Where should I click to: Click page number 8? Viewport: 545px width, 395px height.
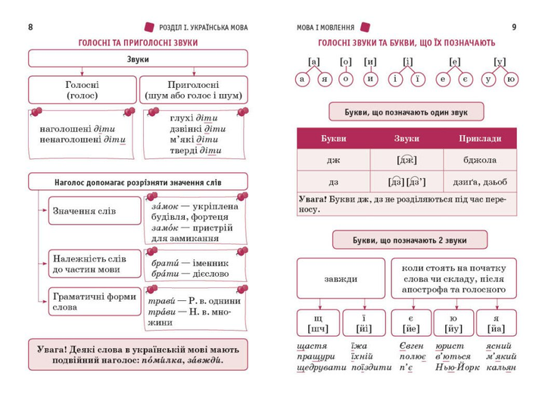pos(30,27)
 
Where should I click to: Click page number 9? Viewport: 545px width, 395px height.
pos(514,27)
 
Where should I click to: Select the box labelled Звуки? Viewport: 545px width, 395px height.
pos(138,58)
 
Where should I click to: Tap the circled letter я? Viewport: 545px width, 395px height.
pos(325,79)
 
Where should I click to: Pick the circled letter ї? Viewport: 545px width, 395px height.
pos(417,79)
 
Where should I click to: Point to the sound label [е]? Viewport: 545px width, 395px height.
pos(454,62)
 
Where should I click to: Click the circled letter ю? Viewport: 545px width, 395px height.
pos(511,79)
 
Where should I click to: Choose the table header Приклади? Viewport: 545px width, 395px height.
pos(480,139)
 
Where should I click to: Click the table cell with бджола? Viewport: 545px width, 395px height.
pos(480,160)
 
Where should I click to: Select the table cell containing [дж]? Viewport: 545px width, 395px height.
pos(406,160)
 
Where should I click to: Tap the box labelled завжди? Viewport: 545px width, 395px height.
pos(341,278)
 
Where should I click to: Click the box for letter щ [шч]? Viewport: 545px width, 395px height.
pos(318,323)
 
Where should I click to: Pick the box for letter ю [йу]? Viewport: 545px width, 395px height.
pos(453,323)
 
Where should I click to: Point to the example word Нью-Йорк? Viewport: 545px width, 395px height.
pos(457,367)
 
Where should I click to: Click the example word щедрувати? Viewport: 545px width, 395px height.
pos(322,368)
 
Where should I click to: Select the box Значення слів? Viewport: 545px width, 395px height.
pos(95,211)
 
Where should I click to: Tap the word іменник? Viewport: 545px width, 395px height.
pos(210,263)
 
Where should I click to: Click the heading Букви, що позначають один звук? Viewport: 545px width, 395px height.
pos(406,111)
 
